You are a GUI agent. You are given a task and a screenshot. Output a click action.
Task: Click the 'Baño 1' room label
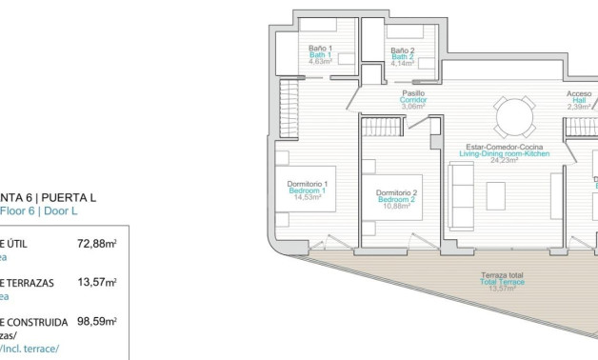(x=318, y=48)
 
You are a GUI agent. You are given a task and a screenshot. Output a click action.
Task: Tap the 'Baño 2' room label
(x=403, y=50)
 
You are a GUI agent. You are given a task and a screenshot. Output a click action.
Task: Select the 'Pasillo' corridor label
(x=411, y=93)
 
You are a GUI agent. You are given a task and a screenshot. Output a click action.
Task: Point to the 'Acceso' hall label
(x=579, y=93)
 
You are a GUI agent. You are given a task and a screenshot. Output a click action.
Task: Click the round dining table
(x=514, y=118)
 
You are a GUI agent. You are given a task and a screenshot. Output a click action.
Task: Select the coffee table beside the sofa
(x=495, y=195)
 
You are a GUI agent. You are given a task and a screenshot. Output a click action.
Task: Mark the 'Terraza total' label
(x=501, y=276)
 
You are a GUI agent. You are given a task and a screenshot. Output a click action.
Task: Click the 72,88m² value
(x=96, y=244)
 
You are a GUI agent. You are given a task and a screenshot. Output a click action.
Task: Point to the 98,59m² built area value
(x=96, y=322)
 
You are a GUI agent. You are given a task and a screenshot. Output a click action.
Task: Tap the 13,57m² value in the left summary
(x=96, y=283)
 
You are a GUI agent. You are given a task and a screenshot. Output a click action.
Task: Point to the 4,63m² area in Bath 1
(x=318, y=62)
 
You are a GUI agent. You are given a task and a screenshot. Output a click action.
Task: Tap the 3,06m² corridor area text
(x=411, y=107)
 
